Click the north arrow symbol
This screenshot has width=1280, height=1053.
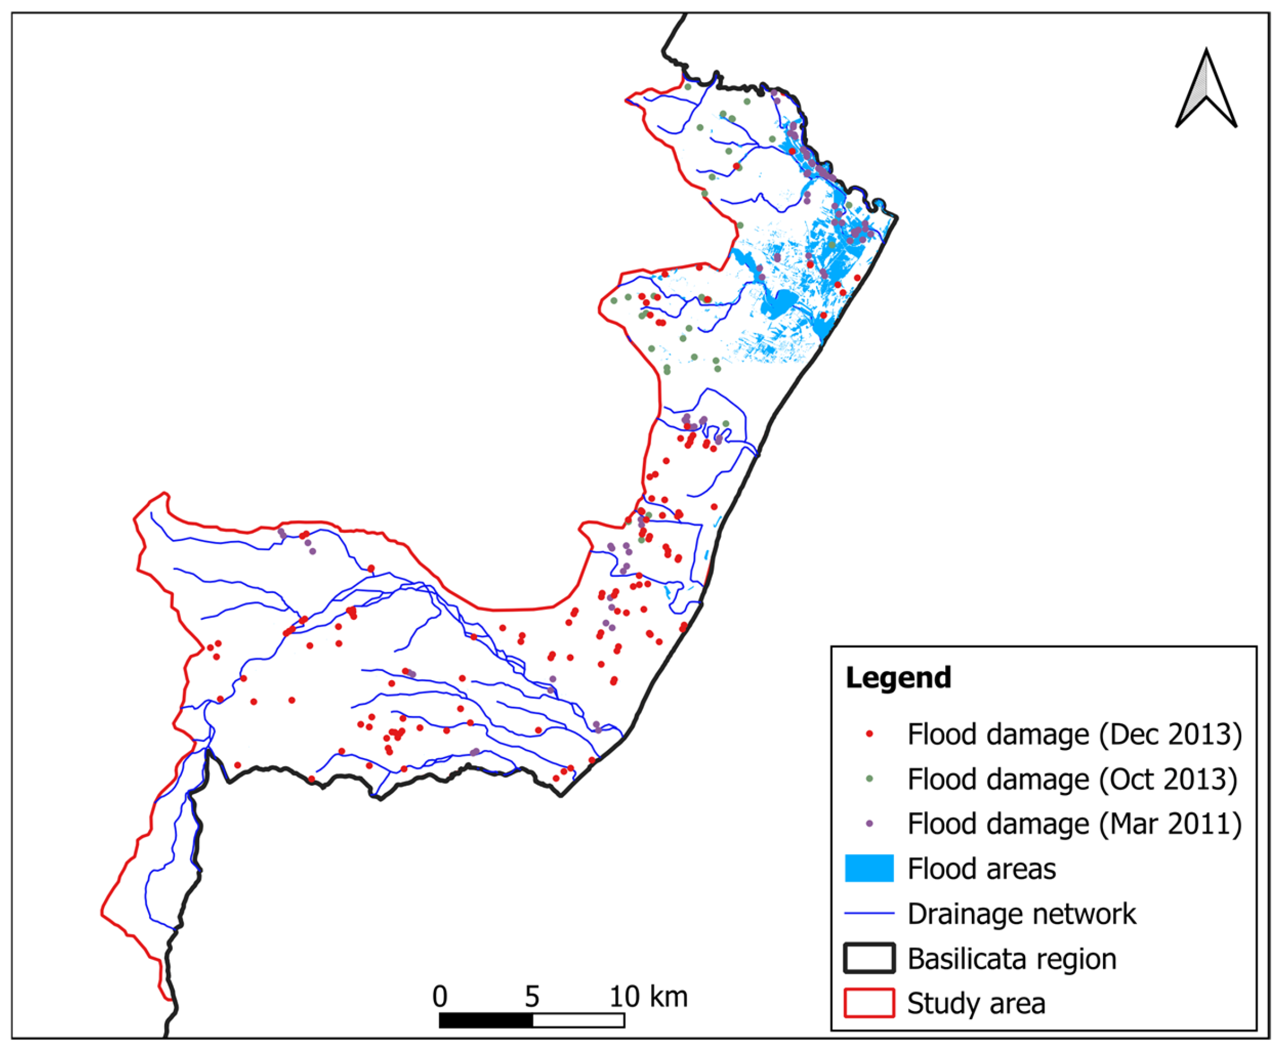pos(1205,91)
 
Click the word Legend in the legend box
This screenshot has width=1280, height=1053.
pos(898,678)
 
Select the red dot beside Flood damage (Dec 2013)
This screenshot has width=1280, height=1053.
pos(869,734)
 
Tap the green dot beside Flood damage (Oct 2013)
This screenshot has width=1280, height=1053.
pos(869,779)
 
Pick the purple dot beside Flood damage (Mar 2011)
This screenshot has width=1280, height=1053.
pos(869,824)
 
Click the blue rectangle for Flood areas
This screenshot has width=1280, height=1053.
pos(869,868)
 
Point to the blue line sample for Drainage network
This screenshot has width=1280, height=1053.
pos(869,913)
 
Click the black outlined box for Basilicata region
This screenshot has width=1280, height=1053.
pos(869,958)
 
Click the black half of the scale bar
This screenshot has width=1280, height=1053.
pos(486,1020)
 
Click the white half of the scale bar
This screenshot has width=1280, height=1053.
pos(578,1020)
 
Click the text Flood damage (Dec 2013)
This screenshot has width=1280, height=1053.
pos(1074,734)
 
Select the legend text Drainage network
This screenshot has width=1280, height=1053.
pos(1021,914)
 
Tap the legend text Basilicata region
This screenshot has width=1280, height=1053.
pos(1012,958)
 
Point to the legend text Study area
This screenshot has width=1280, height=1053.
pos(976,1003)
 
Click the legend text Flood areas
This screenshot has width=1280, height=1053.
pos(982,869)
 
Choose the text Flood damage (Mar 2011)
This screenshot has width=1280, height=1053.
pos(1074,824)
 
